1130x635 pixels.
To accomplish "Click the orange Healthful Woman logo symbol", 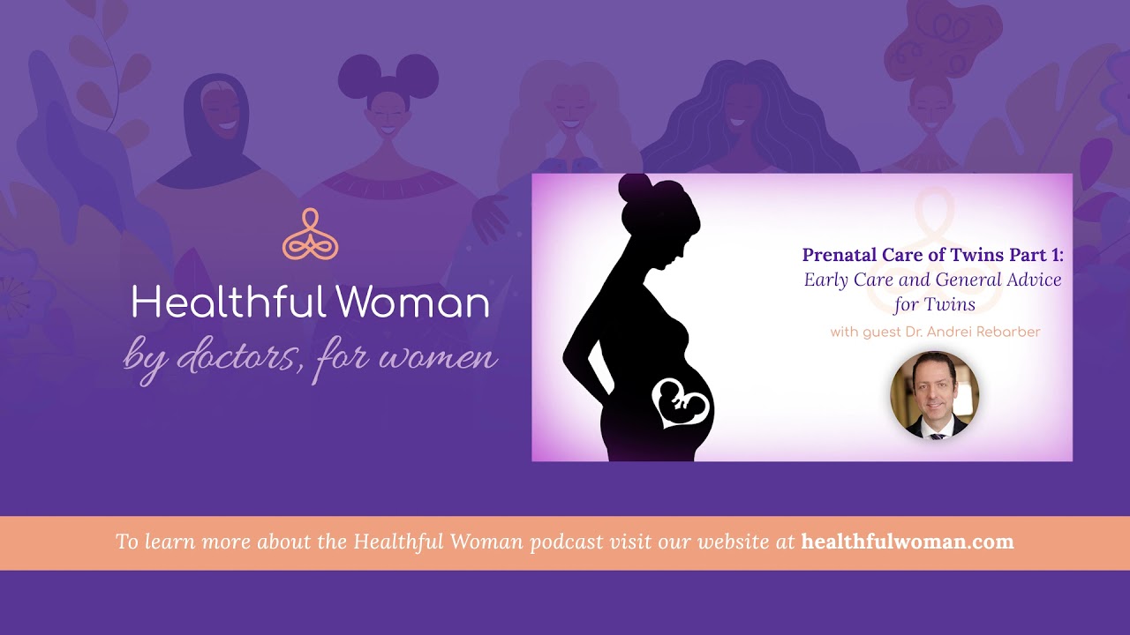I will coord(310,235).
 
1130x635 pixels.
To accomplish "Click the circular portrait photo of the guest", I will coord(934,395).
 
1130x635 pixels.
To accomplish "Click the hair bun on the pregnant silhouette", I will coord(633,188).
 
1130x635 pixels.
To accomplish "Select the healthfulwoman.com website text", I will coord(908,542).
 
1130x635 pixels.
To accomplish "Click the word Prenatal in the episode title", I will coord(840,255).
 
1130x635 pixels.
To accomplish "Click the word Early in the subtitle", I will coord(826,280).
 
